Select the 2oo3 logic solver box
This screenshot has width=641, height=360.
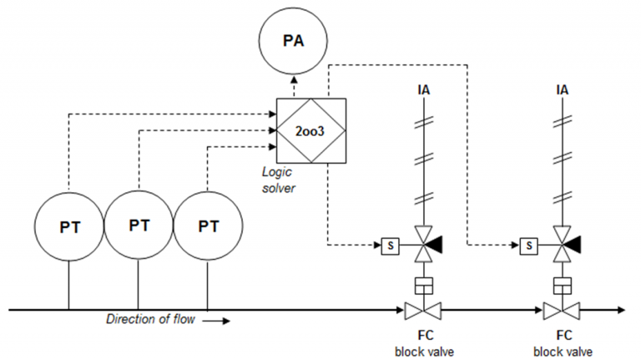(302, 130)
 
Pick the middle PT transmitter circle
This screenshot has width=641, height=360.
(139, 226)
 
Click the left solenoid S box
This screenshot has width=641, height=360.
(389, 246)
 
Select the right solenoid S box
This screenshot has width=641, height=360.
(527, 246)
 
